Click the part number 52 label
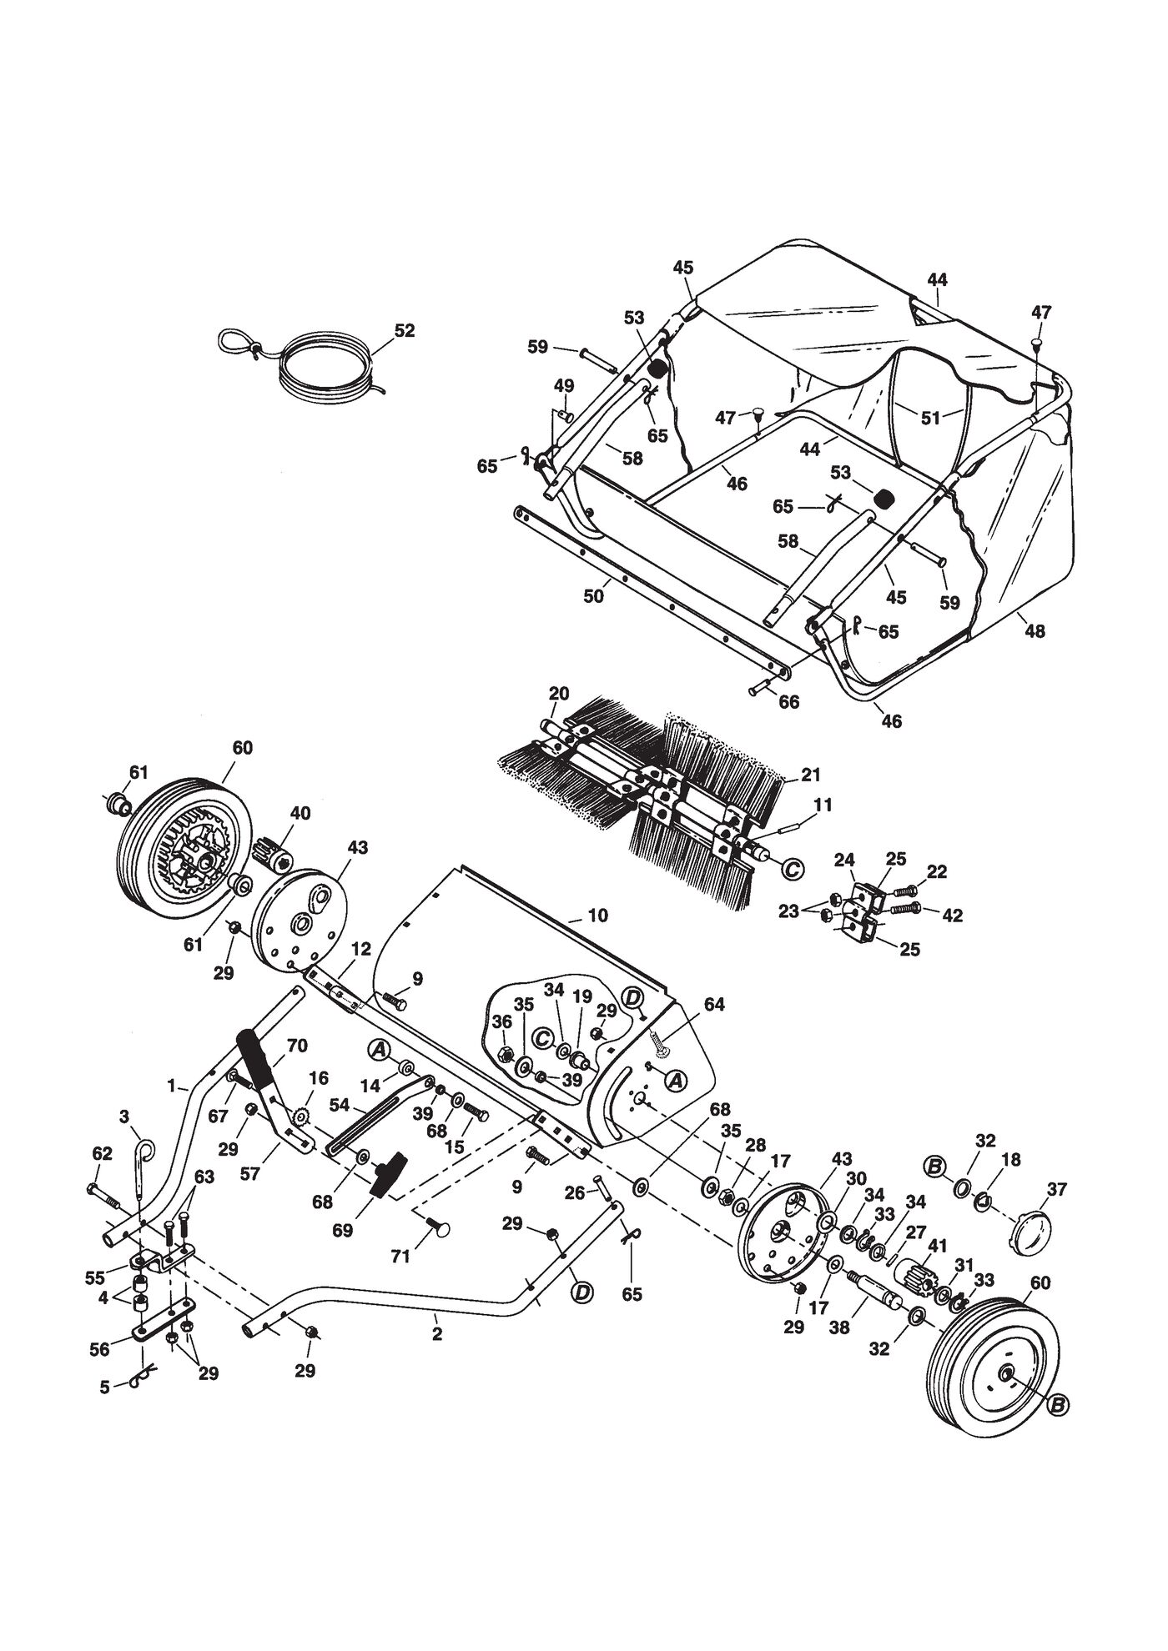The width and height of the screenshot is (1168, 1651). click(405, 330)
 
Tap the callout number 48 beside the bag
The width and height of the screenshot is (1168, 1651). click(1035, 631)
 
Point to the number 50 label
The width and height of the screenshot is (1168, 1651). click(593, 597)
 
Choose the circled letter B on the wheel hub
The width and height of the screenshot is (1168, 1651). click(1056, 1406)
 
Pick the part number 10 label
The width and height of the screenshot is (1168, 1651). click(597, 915)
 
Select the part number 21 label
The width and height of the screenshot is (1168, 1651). click(811, 775)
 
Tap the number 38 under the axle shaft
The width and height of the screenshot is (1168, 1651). click(838, 1328)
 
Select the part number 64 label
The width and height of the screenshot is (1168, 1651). click(713, 1004)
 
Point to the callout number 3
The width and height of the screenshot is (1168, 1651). click(123, 1116)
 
